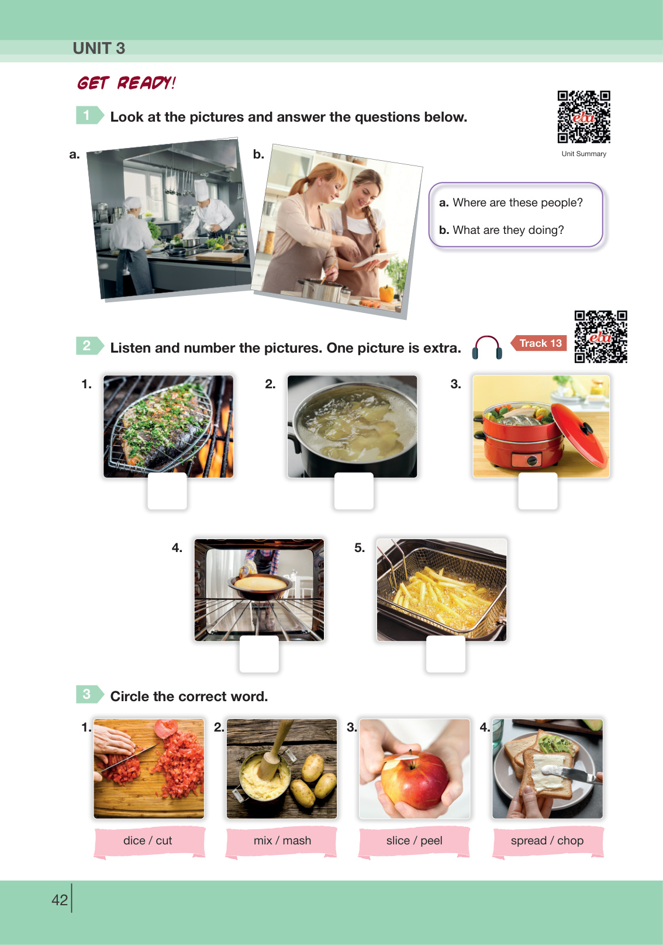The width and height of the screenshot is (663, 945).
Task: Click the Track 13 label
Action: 538,343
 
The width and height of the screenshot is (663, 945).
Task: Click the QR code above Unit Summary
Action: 583,117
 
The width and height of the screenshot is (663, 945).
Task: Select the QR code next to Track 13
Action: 600,337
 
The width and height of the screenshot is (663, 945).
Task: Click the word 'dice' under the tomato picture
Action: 134,840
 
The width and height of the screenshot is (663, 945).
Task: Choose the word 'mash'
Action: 297,840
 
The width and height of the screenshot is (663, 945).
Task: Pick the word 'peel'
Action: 431,841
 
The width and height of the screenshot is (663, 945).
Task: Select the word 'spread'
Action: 529,841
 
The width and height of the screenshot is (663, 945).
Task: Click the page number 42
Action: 60,900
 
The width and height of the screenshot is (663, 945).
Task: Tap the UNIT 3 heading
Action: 99,48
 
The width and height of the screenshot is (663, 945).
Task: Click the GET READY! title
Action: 126,82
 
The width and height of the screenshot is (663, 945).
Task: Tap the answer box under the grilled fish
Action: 167,491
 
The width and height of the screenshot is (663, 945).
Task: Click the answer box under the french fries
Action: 446,654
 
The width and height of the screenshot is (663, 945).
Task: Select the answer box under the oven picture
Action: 259,654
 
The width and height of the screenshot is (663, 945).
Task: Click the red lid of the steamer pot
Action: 579,434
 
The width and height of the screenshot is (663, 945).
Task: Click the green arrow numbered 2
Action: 90,346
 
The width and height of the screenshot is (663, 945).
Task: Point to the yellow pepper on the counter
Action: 386,294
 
